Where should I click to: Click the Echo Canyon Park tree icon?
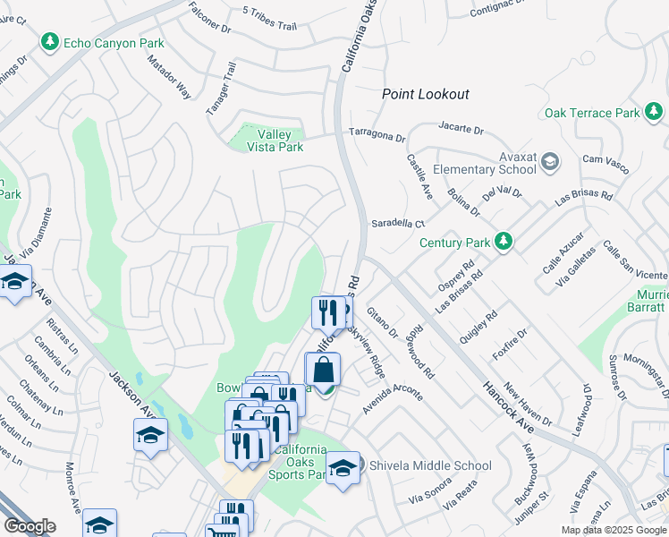coord(50,42)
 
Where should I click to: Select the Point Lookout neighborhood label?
coord(425,94)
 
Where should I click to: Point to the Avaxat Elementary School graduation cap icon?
coord(549,162)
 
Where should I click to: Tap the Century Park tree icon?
coord(504,242)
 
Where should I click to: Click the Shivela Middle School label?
coord(430,465)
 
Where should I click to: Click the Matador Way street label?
coord(170,77)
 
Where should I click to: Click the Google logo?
coord(30,526)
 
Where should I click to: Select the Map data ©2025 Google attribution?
coord(614,530)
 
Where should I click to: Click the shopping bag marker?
coord(323,370)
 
